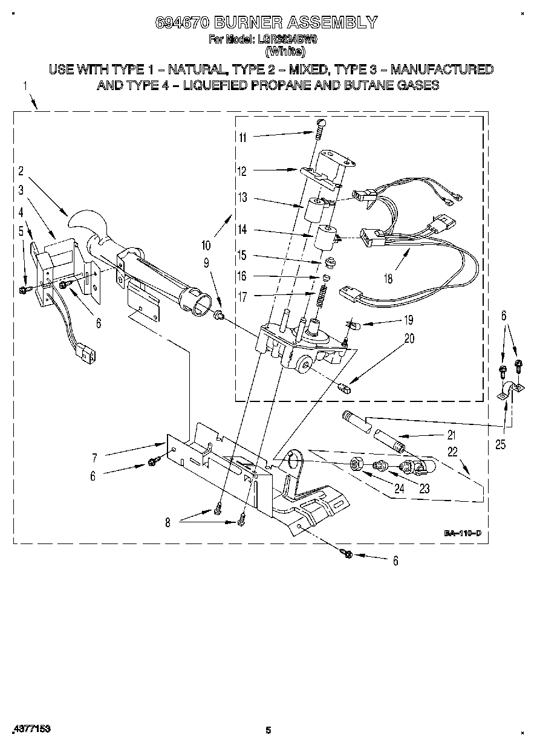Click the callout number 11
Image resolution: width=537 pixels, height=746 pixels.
(242, 137)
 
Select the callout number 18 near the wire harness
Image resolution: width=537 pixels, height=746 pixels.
(388, 279)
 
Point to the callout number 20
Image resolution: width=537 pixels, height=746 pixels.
(409, 339)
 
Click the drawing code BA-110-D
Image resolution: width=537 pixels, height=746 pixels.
(463, 533)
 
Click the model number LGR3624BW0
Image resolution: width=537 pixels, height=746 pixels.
(288, 40)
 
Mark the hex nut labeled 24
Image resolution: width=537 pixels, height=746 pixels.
(357, 464)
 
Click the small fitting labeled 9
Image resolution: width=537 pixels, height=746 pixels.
(220, 315)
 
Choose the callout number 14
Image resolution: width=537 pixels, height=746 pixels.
(242, 230)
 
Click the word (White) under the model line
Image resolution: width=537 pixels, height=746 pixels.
(269, 50)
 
